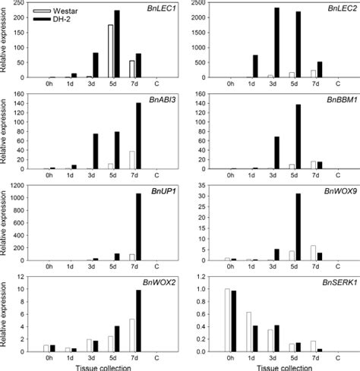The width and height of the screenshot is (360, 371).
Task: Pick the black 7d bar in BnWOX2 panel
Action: pos(138,322)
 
